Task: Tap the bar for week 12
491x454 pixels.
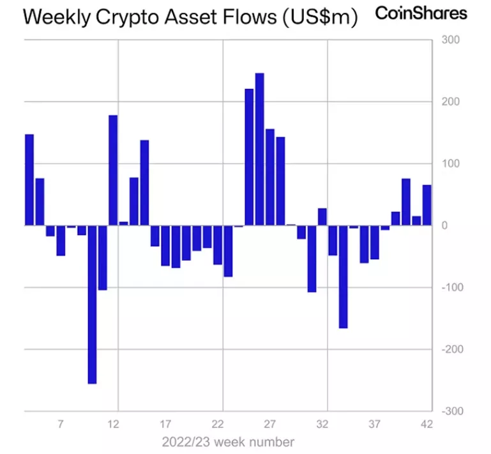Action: (x=113, y=170)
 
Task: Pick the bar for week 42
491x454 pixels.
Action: (x=427, y=205)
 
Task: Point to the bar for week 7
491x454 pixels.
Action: (x=61, y=240)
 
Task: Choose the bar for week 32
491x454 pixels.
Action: (x=322, y=217)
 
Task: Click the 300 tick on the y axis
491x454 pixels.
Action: (x=450, y=40)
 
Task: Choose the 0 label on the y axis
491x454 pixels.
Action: (x=444, y=226)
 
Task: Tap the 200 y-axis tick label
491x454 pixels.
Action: (x=450, y=102)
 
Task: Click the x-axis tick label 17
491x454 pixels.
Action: (x=165, y=424)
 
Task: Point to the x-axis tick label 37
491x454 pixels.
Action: (x=375, y=424)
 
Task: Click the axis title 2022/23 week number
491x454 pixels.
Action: (x=228, y=442)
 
